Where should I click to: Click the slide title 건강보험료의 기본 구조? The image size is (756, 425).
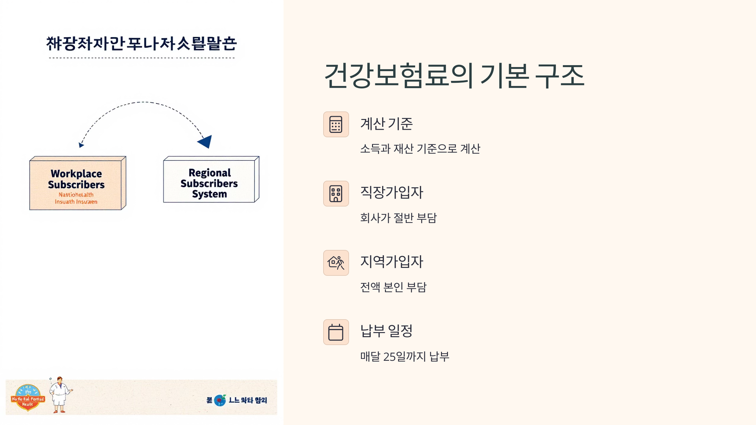coord(454,76)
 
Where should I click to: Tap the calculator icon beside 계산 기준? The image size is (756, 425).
coord(336,124)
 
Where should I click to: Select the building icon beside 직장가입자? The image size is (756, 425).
coord(336,194)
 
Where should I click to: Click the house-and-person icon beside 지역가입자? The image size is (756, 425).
coord(336,263)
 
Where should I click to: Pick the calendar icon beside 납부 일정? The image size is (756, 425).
coord(336,332)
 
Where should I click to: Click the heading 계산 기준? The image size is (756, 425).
coord(386,124)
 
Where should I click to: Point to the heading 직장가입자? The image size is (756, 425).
coord(392,192)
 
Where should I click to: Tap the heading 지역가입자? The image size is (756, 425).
coord(392,262)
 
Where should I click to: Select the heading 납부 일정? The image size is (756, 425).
coord(386,331)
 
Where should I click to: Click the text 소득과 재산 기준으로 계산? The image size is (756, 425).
coord(420,149)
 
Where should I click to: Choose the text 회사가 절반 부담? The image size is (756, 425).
coord(398,218)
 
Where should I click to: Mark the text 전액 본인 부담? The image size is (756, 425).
coord(393,287)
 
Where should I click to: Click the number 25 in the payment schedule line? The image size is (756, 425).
coord(389,357)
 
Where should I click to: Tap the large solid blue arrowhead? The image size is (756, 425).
coord(206,141)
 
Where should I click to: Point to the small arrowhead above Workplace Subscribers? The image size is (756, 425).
coord(81,145)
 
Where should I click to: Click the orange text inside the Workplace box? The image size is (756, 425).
coord(76,198)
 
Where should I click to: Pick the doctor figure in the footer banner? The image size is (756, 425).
coord(60,395)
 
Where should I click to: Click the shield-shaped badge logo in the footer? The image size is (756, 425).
coord(28,398)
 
